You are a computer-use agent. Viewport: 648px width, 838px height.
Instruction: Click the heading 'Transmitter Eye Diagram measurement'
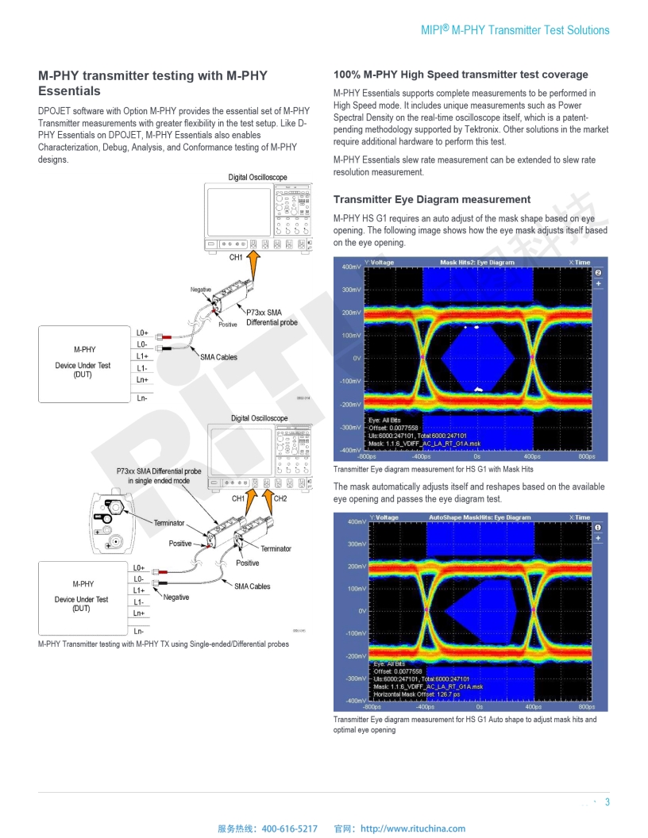[x=432, y=199]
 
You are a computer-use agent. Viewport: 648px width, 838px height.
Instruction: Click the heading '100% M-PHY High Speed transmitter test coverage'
[x=461, y=75]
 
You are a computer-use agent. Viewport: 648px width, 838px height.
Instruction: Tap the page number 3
[x=607, y=801]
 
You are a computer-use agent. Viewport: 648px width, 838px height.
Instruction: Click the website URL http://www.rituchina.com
[x=413, y=828]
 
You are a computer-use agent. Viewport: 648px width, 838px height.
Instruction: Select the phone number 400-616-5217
[x=289, y=828]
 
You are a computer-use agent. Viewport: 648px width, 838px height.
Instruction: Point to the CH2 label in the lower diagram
[x=280, y=498]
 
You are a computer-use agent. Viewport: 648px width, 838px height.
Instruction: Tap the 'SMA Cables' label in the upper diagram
[x=218, y=357]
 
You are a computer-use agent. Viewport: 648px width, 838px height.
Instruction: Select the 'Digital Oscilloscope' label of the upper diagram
[x=258, y=177]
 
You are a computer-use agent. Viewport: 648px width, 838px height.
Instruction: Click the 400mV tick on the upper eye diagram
[x=351, y=267]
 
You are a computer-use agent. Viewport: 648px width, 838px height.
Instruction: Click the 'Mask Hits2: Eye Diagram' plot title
[x=476, y=262]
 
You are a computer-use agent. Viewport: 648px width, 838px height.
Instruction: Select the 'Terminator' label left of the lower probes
[x=168, y=523]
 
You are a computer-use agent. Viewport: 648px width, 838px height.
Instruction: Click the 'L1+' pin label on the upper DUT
[x=143, y=356]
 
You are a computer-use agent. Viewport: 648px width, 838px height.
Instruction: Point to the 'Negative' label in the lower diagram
[x=176, y=597]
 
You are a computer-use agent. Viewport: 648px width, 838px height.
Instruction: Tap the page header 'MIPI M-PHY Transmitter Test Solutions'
[x=515, y=30]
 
